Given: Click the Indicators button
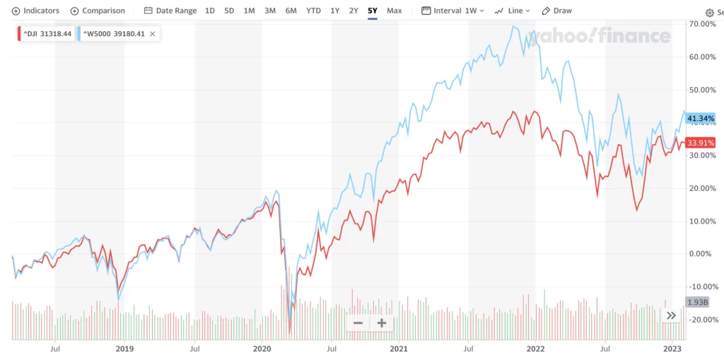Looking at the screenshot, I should click(x=36, y=11).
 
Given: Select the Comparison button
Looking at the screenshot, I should click(x=98, y=11).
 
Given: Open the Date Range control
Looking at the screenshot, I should click(x=171, y=11).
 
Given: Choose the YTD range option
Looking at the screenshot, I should click(x=313, y=11).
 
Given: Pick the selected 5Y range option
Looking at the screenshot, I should click(x=373, y=11).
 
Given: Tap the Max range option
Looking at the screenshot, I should click(x=395, y=11).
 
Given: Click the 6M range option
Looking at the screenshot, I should click(x=291, y=11).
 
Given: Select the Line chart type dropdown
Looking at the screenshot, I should click(x=513, y=11).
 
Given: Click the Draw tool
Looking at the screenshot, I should click(x=557, y=11).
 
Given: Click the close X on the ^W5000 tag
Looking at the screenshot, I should click(x=152, y=33).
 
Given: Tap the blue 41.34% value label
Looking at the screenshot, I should click(x=701, y=118).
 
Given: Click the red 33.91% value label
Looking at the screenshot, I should click(x=701, y=142).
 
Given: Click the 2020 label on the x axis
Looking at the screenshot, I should click(x=262, y=349).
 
